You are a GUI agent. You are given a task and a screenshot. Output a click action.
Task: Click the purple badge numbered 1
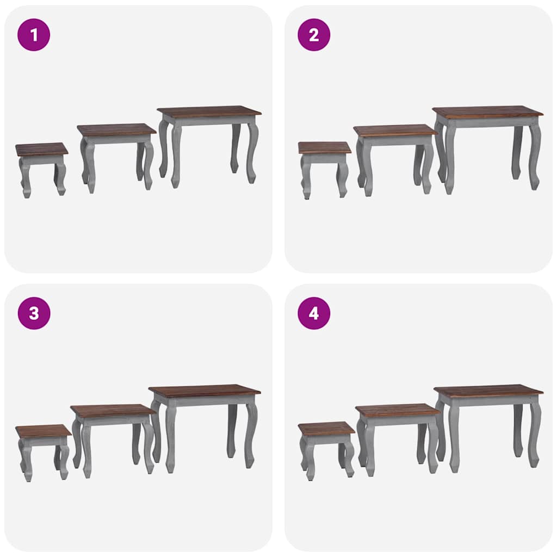pos(34,35)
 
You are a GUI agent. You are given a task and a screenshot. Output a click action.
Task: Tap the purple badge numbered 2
pos(314,35)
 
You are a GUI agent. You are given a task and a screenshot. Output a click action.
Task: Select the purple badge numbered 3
pos(34,313)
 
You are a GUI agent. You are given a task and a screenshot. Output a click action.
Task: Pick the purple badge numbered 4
pos(314,313)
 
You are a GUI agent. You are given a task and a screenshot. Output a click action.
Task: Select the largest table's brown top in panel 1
pos(209,111)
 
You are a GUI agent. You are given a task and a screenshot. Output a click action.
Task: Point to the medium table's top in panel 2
pos(395,130)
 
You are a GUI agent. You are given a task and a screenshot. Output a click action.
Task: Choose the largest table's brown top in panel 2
pos(488,112)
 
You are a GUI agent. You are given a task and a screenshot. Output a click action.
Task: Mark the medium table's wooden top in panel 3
pos(113,410)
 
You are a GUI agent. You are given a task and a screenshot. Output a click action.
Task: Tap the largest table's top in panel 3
pos(205,390)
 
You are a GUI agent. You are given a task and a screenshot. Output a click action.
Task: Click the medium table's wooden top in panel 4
pos(398,410)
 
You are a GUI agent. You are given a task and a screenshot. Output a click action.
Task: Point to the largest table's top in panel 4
pos(488,389)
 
